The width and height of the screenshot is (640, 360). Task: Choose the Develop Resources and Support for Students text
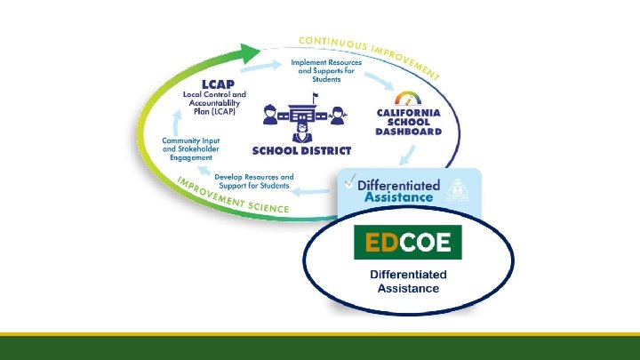click(x=253, y=182)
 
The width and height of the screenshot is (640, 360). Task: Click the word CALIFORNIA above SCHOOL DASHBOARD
click(x=409, y=113)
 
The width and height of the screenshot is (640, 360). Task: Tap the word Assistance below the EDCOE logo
click(x=408, y=288)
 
